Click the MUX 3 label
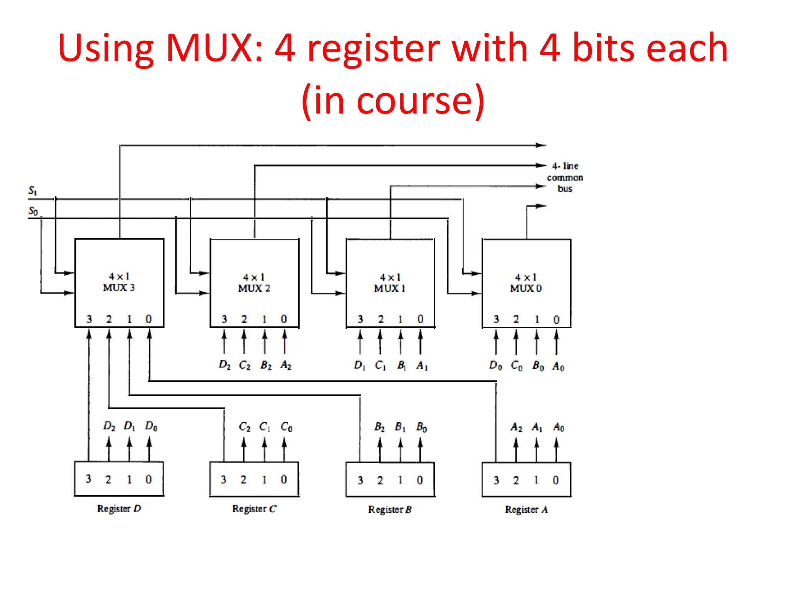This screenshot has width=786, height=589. tap(119, 288)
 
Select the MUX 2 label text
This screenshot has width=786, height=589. tap(254, 288)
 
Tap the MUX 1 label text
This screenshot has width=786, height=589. tap(390, 288)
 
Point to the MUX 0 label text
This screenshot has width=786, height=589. tap(525, 288)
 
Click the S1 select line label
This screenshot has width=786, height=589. tap(33, 191)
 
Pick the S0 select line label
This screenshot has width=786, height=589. tap(33, 211)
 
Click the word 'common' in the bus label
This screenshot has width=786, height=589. tap(565, 178)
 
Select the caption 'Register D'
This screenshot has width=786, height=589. tap(119, 509)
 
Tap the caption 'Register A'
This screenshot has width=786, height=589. tap(526, 510)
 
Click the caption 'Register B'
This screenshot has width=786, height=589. tap(390, 510)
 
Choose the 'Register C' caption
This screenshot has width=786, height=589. tap(254, 509)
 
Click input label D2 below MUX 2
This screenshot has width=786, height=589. tap(225, 365)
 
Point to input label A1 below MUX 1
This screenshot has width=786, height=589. tap(421, 365)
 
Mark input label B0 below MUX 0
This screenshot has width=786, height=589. tap(538, 366)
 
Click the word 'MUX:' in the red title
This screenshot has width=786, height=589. tap(215, 48)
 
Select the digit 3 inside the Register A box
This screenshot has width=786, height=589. tap(496, 480)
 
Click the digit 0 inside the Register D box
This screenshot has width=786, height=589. tap(149, 479)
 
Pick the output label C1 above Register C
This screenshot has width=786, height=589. tap(265, 427)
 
